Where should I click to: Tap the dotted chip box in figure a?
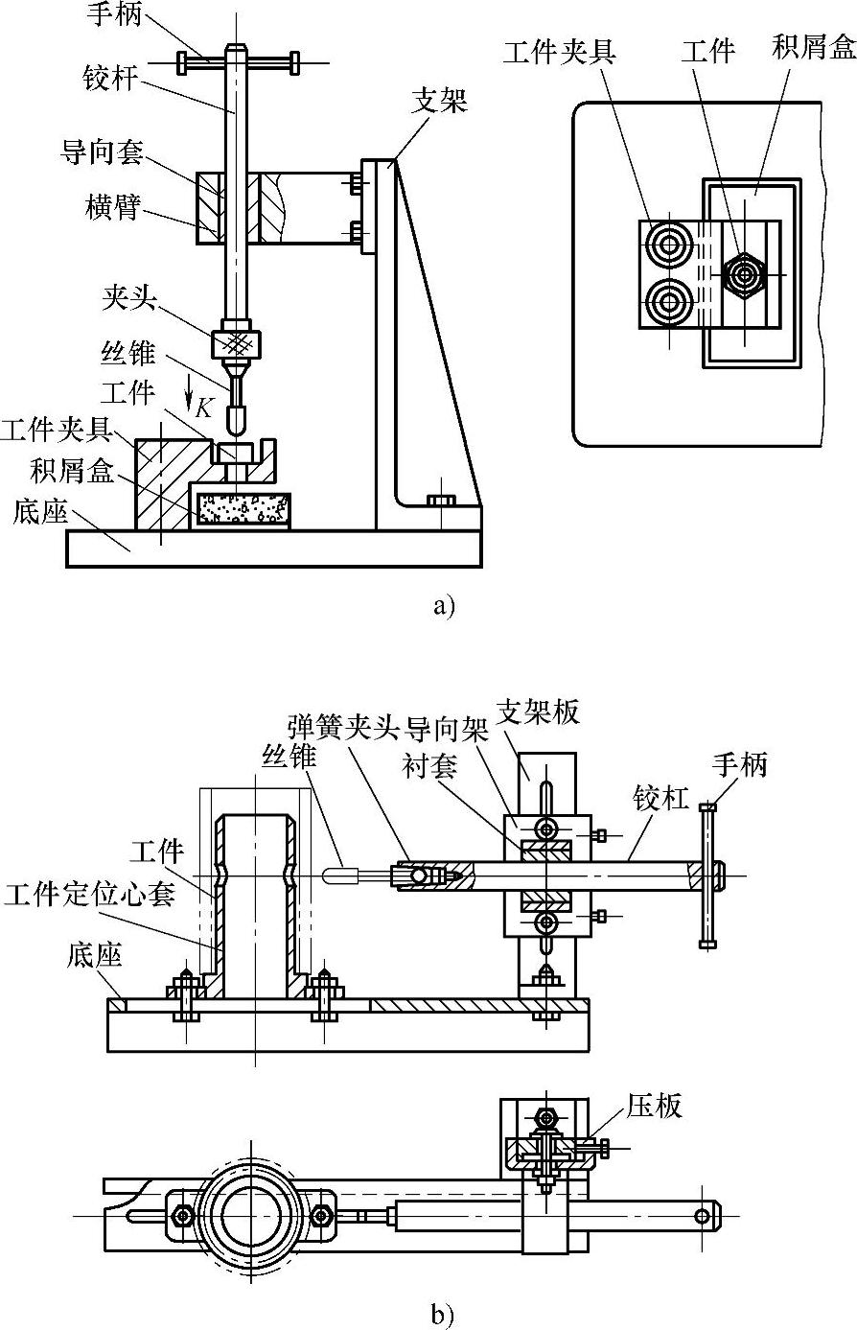coord(243,508)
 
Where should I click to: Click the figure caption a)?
coord(443,606)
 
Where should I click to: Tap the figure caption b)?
coord(443,1314)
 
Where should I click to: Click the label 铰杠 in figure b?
coord(660,799)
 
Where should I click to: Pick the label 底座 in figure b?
coord(92,955)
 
